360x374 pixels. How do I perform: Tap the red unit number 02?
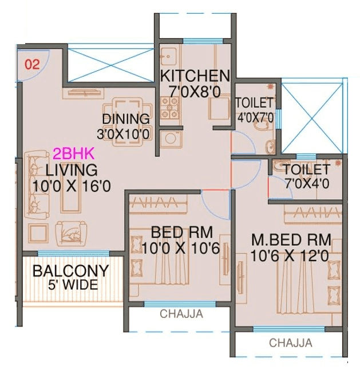32,64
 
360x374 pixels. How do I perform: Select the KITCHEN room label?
195,76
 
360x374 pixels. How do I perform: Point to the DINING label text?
126,119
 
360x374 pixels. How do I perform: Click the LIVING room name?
72,170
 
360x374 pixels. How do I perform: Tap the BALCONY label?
70,271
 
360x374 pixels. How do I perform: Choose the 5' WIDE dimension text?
73,285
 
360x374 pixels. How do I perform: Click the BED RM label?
181,233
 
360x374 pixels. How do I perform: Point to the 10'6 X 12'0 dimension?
290,256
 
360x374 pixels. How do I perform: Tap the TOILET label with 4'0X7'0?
254,103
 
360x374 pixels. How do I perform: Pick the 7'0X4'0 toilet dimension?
306,184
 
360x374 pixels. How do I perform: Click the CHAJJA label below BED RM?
181,314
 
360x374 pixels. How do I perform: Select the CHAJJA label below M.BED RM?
291,343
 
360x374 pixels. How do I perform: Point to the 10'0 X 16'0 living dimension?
72,186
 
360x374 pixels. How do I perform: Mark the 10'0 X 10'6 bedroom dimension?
181,249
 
